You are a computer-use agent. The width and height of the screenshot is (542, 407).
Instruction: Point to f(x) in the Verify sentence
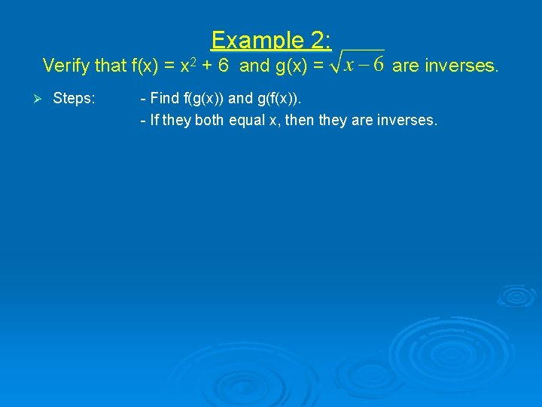(147, 66)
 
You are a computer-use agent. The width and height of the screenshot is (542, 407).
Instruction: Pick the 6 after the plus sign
(224, 66)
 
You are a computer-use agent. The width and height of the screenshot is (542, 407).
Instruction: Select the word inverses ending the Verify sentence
(462, 66)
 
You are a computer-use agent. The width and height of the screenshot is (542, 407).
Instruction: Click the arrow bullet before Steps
(44, 99)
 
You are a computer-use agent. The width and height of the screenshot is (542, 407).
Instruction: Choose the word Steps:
(74, 99)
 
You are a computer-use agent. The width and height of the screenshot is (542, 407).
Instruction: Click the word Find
(165, 99)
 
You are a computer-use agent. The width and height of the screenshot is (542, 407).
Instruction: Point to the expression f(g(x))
(211, 99)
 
